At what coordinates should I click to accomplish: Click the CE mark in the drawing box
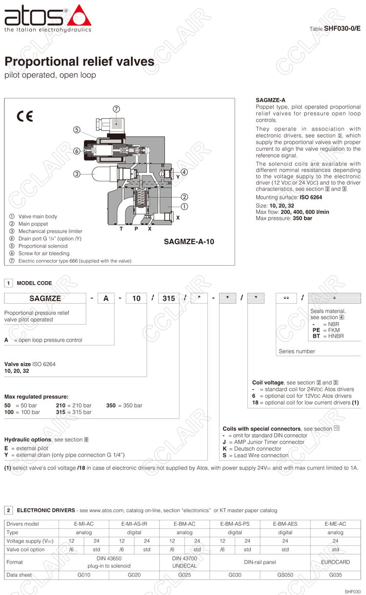pos(24,117)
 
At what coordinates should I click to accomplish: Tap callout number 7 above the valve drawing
pos(117,109)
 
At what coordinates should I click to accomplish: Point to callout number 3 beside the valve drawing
pos(77,173)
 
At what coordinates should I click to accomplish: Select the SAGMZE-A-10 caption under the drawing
pos(189,241)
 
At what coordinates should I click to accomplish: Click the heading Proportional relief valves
pos(80,62)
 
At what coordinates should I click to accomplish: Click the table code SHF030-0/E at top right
pos(342,28)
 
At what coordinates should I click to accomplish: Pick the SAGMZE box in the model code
pos(45,298)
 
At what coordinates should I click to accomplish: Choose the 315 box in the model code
pos(169,298)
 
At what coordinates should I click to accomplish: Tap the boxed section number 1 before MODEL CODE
pos(9,283)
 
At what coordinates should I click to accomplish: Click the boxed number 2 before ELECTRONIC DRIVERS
pos(9,510)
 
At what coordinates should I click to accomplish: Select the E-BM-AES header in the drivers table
pos(285,524)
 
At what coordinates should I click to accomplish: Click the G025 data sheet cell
pos(184,575)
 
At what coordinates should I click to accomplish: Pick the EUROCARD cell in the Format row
pos(336,562)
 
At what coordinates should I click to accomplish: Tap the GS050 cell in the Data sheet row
pos(285,575)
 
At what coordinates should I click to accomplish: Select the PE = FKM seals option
pos(326,330)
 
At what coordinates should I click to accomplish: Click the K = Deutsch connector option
pos(252,448)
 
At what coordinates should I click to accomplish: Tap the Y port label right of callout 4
pos(178,177)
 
